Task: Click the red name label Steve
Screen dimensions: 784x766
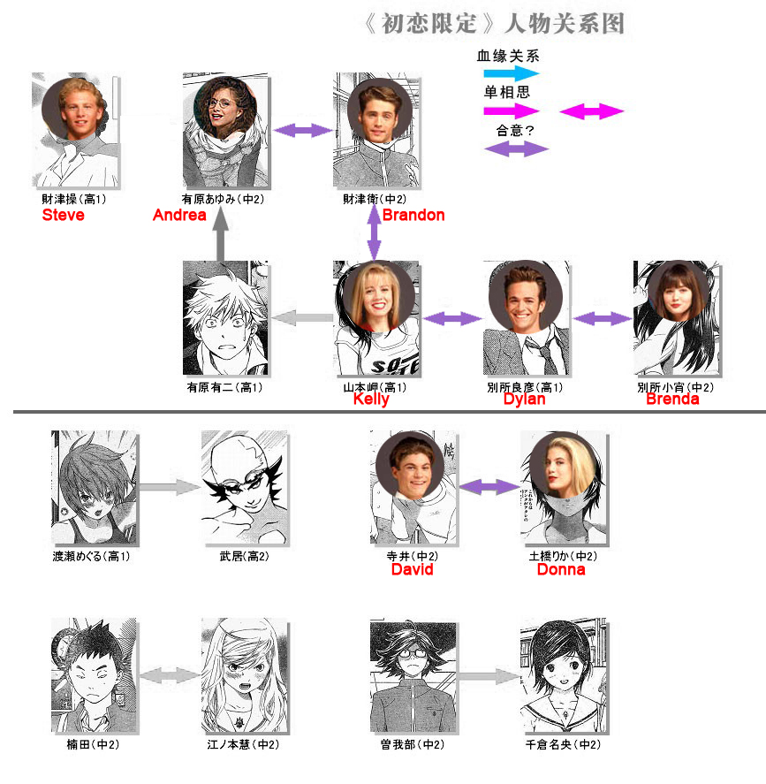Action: [x=63, y=215]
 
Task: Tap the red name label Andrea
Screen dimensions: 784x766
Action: [x=179, y=215]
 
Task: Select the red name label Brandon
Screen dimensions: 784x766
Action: [x=413, y=215]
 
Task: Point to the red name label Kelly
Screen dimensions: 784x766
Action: [x=371, y=400]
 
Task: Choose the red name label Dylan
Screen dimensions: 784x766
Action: [x=524, y=400]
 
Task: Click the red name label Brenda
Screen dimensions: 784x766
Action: [x=672, y=400]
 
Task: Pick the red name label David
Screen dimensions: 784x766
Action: [x=412, y=570]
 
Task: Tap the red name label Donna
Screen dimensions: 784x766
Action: [x=561, y=570]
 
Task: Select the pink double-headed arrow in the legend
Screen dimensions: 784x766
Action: [x=592, y=111]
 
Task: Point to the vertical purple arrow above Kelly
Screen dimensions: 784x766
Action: [x=374, y=233]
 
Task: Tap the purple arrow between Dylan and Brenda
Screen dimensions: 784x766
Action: [x=603, y=318]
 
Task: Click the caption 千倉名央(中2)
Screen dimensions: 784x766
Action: [x=563, y=745]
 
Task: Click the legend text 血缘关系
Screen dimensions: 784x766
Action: [x=508, y=55]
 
